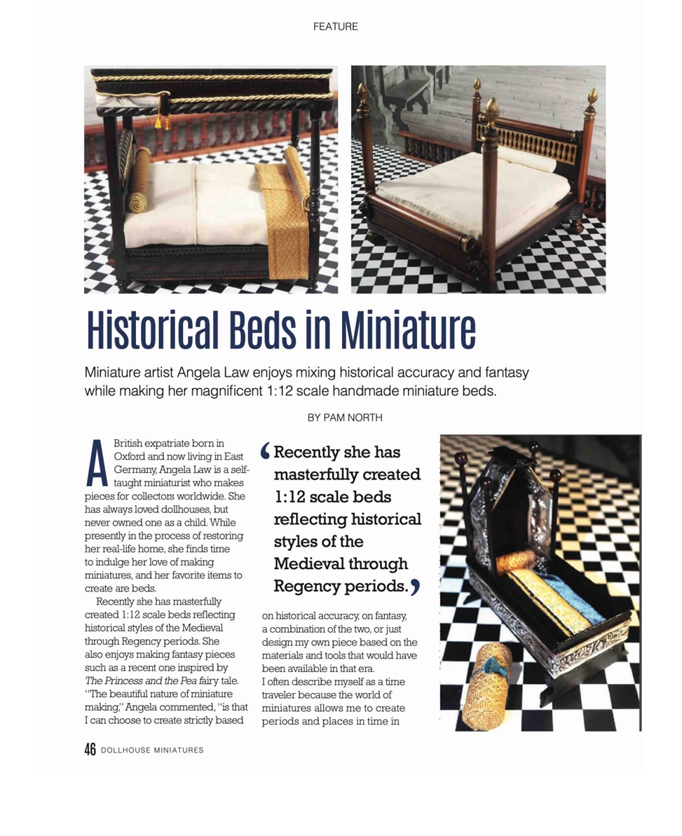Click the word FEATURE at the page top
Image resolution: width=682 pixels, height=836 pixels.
pos(335,27)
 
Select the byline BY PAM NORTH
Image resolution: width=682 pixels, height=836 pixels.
pos(345,418)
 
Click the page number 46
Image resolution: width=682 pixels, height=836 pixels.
pos(90,750)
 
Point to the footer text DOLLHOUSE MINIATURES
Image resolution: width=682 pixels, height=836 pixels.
pos(152,751)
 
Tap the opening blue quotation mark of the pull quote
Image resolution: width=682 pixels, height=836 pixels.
pos(264,452)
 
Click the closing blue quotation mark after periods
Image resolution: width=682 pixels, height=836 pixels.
pos(415,588)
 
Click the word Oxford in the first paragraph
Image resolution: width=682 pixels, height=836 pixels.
pos(128,455)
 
